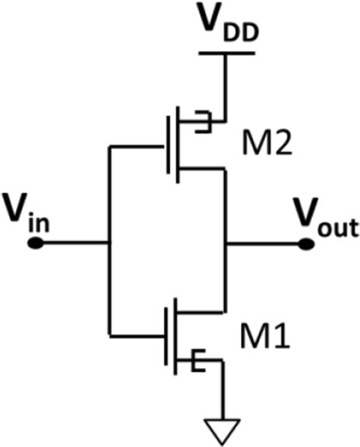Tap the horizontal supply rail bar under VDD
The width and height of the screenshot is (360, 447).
pos(226,53)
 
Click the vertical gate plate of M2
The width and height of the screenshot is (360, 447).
pos(166,144)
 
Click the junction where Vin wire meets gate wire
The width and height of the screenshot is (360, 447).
pos(110,244)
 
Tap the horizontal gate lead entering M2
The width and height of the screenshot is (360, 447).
pos(137,144)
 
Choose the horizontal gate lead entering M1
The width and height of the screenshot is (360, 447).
pos(137,335)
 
